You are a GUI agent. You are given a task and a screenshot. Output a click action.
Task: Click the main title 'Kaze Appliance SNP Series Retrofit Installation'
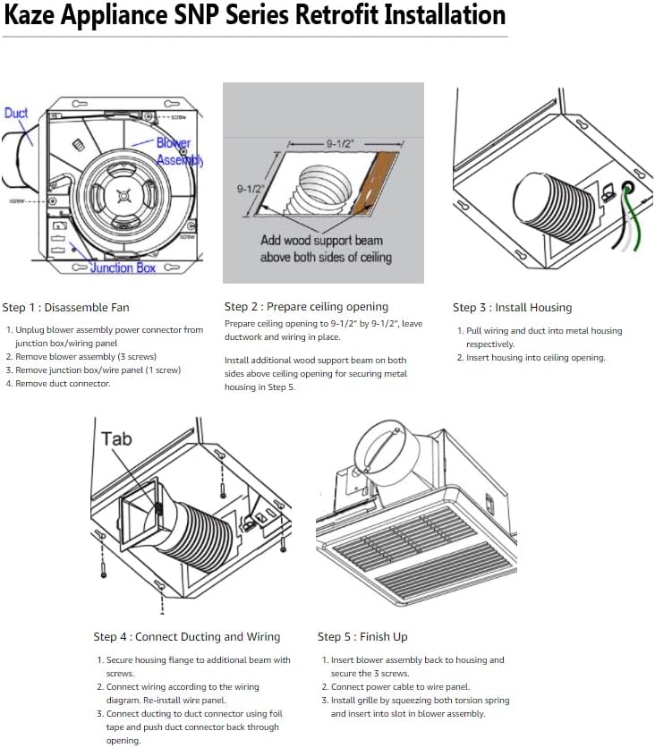(x=255, y=16)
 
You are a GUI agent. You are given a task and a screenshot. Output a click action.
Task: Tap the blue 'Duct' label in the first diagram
(x=16, y=114)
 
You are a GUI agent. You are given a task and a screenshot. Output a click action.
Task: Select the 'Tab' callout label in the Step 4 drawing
(x=116, y=438)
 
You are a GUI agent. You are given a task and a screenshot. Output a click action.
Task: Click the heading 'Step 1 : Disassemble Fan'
(x=65, y=308)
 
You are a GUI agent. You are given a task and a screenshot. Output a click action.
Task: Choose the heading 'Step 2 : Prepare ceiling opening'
(x=306, y=307)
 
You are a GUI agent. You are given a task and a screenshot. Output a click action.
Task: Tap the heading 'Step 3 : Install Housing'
(x=512, y=308)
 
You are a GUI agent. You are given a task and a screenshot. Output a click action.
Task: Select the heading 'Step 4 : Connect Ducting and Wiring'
(x=186, y=637)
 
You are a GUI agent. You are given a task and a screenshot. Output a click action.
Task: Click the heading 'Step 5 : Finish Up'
(x=362, y=637)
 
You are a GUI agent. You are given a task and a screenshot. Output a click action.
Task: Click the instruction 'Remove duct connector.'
(x=63, y=384)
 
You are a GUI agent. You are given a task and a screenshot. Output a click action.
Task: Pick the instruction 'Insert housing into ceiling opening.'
(x=536, y=358)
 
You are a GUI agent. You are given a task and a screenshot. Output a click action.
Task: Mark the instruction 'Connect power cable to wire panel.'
(x=394, y=687)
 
